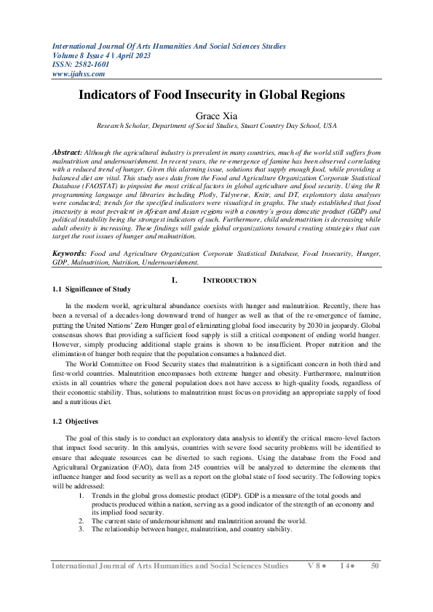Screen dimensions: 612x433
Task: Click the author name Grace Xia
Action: [x=216, y=115]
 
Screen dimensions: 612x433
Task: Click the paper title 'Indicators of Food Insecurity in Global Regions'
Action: [x=216, y=95]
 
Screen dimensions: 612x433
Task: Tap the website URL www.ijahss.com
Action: [x=79, y=73]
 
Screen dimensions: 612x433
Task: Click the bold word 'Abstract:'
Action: [x=68, y=153]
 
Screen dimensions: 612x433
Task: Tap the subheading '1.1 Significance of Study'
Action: [x=92, y=289]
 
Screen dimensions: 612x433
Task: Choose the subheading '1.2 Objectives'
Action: [x=76, y=421]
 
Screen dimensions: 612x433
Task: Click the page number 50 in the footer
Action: [x=375, y=565]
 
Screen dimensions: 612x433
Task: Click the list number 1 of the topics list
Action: [x=81, y=494]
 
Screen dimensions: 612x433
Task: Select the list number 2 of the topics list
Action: [x=81, y=520]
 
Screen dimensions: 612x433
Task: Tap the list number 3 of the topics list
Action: [x=81, y=528]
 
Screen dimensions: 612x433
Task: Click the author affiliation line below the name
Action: [x=216, y=126]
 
